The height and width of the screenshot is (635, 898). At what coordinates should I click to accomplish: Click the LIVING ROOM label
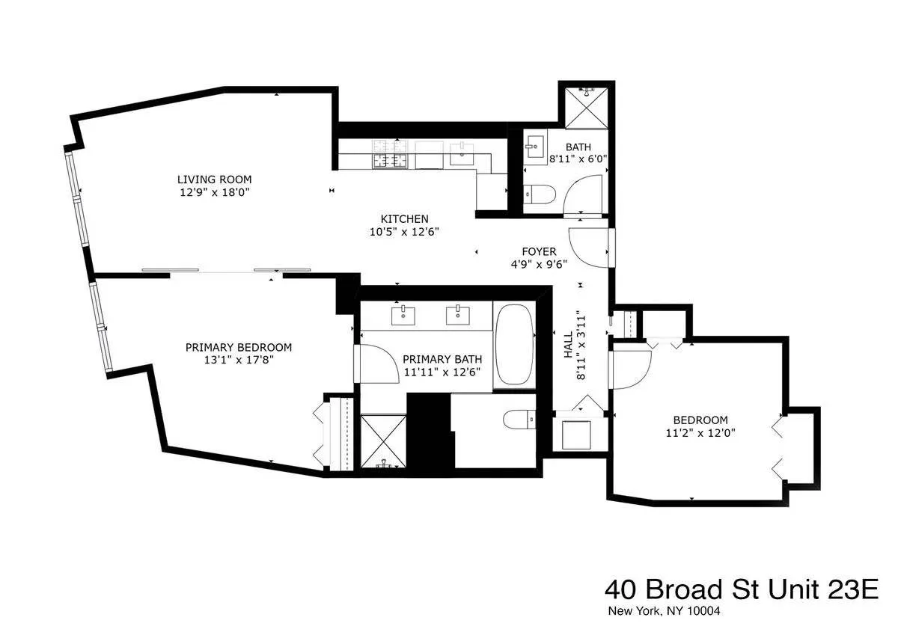(x=214, y=180)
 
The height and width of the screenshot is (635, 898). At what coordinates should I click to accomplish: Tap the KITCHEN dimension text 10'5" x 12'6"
(x=404, y=232)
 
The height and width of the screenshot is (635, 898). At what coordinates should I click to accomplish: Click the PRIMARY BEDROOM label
(x=238, y=348)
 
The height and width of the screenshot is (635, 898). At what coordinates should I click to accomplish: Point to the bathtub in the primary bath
(x=513, y=345)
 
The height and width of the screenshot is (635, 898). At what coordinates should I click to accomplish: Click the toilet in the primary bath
(x=519, y=420)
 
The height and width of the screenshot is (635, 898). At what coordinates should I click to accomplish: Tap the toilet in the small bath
(x=539, y=195)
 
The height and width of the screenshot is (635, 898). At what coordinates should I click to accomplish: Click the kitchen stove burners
(x=391, y=154)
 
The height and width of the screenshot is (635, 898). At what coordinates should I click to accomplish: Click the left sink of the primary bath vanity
(x=404, y=316)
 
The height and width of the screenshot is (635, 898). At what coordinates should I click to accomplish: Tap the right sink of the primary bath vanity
(x=456, y=316)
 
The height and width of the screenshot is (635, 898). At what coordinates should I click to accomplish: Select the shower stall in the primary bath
(x=383, y=442)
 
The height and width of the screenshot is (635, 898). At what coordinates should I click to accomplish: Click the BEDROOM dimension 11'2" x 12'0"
(x=700, y=432)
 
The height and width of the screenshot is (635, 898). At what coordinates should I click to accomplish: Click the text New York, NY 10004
(x=663, y=611)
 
